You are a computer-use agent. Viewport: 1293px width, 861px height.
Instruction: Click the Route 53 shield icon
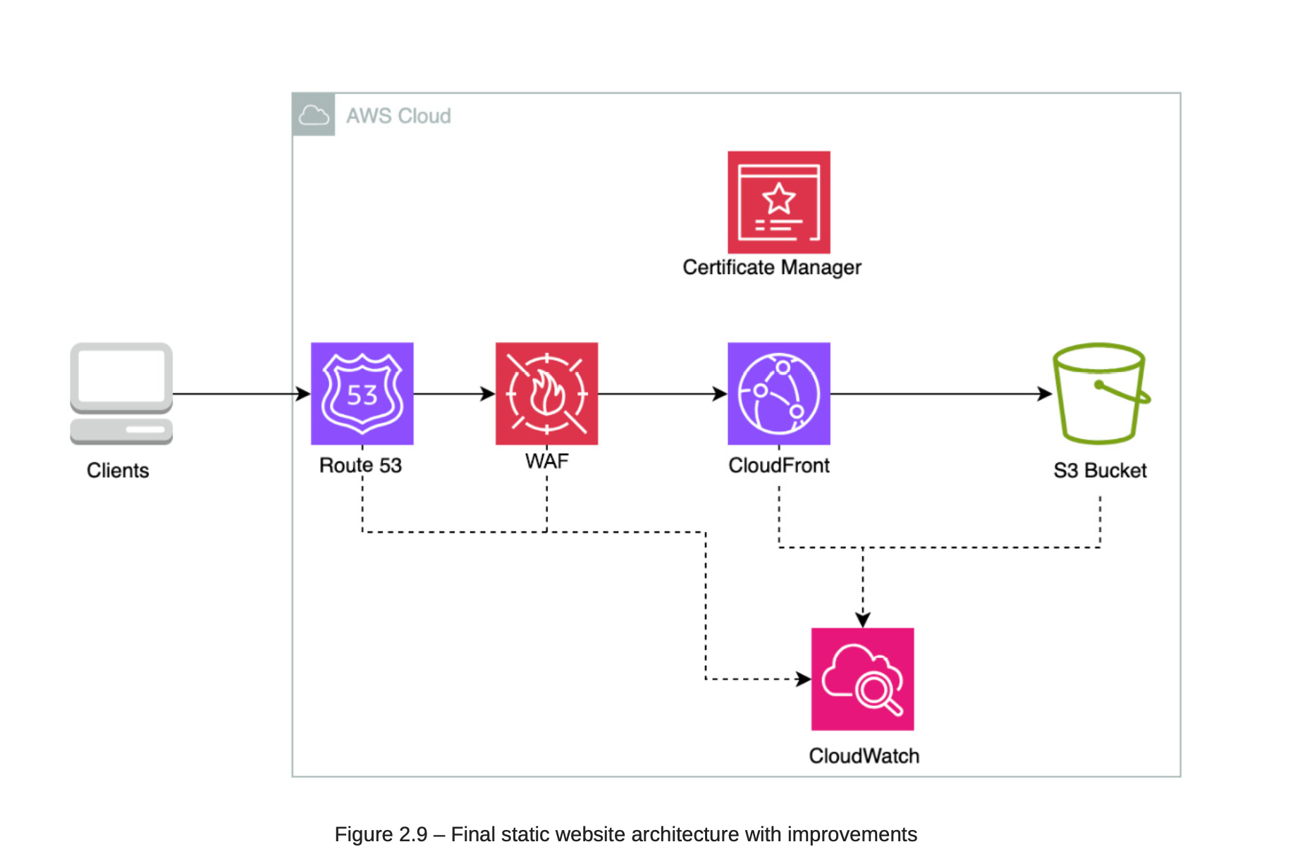pyautogui.click(x=362, y=393)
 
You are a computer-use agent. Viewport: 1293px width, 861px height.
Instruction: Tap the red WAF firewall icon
pyautogui.click(x=546, y=393)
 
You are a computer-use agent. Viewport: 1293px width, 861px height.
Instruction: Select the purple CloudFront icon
pyautogui.click(x=778, y=393)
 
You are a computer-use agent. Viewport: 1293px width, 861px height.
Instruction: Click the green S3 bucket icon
pyautogui.click(x=1100, y=393)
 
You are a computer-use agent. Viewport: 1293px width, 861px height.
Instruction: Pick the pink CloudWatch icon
pyautogui.click(x=862, y=679)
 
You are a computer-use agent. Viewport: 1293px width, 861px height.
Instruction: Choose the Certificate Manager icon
pyautogui.click(x=778, y=202)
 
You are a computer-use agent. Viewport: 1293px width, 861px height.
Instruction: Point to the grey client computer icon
pyautogui.click(x=121, y=393)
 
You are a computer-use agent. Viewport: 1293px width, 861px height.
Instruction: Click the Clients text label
pyautogui.click(x=118, y=471)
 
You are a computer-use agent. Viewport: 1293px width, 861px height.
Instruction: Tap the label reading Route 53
pyautogui.click(x=360, y=466)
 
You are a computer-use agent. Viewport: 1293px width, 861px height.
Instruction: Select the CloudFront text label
pyautogui.click(x=778, y=466)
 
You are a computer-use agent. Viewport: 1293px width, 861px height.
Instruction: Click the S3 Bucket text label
pyautogui.click(x=1100, y=471)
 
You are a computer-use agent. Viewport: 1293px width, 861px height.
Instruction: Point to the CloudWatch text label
pyautogui.click(x=864, y=756)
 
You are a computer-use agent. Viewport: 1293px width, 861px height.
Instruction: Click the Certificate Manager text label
pyautogui.click(x=772, y=268)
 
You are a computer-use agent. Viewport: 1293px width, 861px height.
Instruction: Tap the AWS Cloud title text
pyautogui.click(x=398, y=116)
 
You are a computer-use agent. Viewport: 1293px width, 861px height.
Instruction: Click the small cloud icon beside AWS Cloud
pyautogui.click(x=314, y=115)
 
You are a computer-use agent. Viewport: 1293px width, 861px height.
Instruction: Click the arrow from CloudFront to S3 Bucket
pyautogui.click(x=940, y=394)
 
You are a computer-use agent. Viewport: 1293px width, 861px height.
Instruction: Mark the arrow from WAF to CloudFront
pyautogui.click(x=662, y=394)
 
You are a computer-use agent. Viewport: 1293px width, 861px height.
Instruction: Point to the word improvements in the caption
pyautogui.click(x=852, y=834)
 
